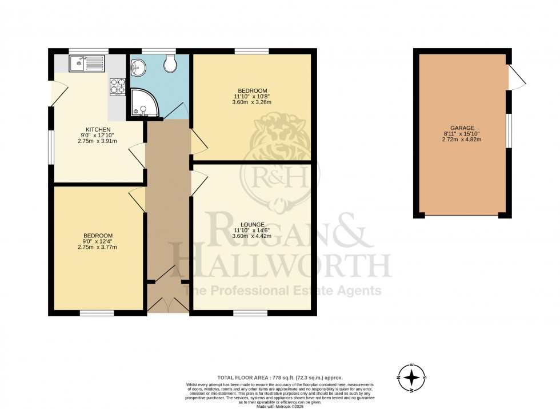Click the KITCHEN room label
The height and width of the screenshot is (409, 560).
coord(94,129)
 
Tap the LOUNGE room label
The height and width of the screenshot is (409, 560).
coord(252,224)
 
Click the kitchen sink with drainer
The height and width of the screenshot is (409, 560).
coord(87,62)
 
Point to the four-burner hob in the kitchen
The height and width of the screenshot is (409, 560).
coord(117,86)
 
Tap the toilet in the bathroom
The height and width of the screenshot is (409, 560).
coord(170,66)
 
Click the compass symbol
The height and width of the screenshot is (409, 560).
coord(412,378)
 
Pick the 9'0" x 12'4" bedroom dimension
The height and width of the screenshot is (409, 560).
coord(98,242)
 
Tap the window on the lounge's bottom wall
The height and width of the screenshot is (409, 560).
coord(250,312)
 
